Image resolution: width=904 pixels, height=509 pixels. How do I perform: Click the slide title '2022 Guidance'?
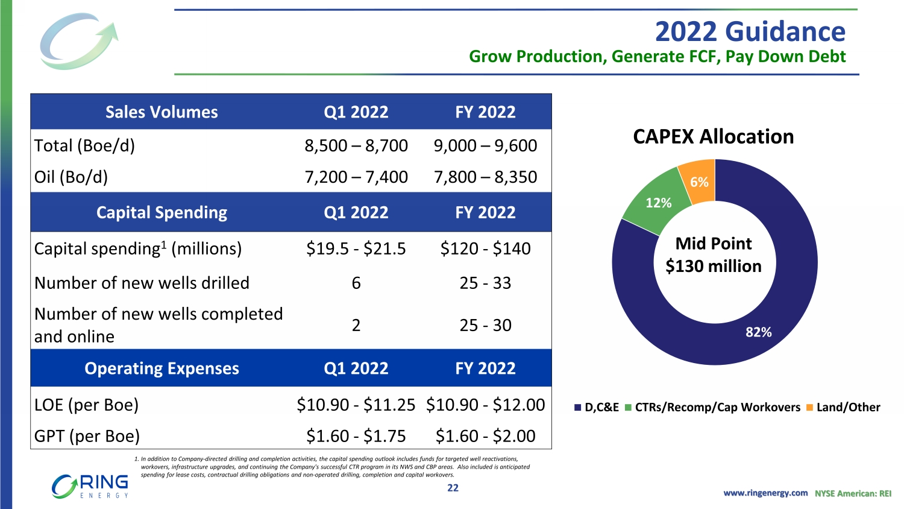click(750, 31)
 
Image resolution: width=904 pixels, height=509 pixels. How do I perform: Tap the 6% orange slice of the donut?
click(698, 180)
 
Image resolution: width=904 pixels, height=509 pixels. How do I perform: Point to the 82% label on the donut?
click(758, 332)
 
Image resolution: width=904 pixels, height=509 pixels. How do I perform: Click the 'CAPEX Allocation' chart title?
click(713, 137)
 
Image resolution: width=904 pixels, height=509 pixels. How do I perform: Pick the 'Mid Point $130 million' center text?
click(714, 255)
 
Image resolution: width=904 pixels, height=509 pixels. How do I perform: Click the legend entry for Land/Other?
click(843, 408)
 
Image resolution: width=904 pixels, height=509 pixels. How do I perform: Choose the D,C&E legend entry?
click(597, 408)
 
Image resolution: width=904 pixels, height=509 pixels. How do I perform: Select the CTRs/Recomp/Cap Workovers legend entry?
click(713, 408)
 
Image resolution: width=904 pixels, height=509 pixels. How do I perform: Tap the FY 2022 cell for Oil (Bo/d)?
click(485, 177)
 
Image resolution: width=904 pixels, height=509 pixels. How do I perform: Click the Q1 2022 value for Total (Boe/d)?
click(356, 146)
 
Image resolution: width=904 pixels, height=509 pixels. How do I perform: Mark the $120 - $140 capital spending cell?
click(485, 249)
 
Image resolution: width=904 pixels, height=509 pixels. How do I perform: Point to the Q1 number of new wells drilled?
click(356, 283)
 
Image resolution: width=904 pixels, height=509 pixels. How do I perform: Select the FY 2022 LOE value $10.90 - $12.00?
click(485, 405)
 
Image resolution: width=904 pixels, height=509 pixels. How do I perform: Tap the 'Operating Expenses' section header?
click(162, 368)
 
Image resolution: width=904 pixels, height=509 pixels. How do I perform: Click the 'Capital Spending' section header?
click(162, 213)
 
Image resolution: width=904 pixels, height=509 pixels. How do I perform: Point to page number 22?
click(453, 488)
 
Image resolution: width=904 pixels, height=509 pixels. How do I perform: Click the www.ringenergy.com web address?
click(765, 493)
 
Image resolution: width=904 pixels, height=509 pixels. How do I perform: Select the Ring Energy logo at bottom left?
click(90, 486)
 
